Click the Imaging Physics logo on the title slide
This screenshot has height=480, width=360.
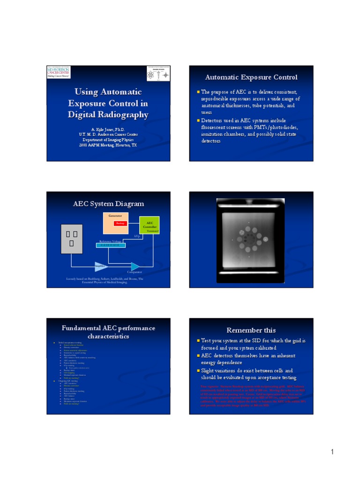pos(157,73)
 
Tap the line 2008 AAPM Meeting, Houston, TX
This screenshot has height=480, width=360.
pos(108,145)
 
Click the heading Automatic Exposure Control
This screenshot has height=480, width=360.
pos(251,77)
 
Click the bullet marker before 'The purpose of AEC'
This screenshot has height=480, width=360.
pos(198,92)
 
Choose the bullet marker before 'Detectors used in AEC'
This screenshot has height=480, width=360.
pos(198,120)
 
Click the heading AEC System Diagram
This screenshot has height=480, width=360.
pos(109,204)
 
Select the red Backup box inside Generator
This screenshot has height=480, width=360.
pos(120,224)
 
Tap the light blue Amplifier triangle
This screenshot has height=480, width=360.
pos(100,266)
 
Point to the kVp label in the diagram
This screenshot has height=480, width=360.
pos(137,236)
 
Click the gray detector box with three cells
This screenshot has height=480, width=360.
pos(72,239)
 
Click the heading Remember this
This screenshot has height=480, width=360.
pos(251,330)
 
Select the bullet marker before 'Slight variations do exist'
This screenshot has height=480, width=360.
pos(198,370)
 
